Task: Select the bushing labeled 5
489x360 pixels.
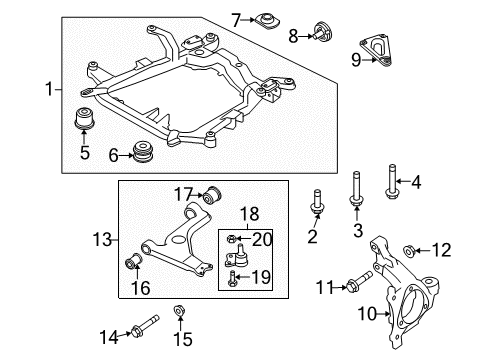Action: [85, 118]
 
